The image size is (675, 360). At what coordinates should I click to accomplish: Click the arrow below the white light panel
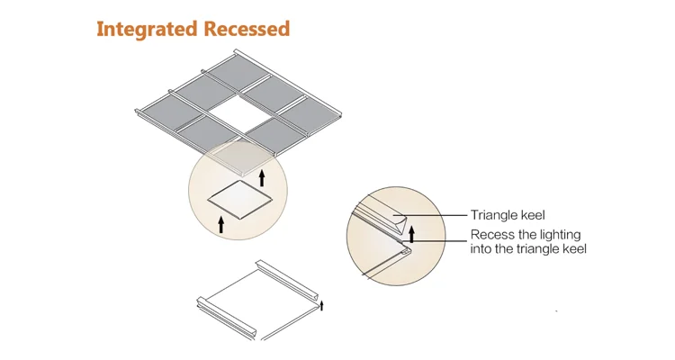[221, 222]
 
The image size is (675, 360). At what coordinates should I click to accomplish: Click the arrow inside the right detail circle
[412, 236]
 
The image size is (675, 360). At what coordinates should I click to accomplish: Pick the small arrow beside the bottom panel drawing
[323, 306]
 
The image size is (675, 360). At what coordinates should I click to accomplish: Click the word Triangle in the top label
[494, 215]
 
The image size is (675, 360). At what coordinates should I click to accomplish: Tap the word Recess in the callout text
[491, 235]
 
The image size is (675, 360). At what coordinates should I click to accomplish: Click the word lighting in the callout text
[564, 235]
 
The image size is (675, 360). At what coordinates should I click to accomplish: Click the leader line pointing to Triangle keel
[441, 216]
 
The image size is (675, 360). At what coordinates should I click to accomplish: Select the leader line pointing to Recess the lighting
[441, 238]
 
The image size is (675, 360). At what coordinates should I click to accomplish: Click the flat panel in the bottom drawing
[261, 297]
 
